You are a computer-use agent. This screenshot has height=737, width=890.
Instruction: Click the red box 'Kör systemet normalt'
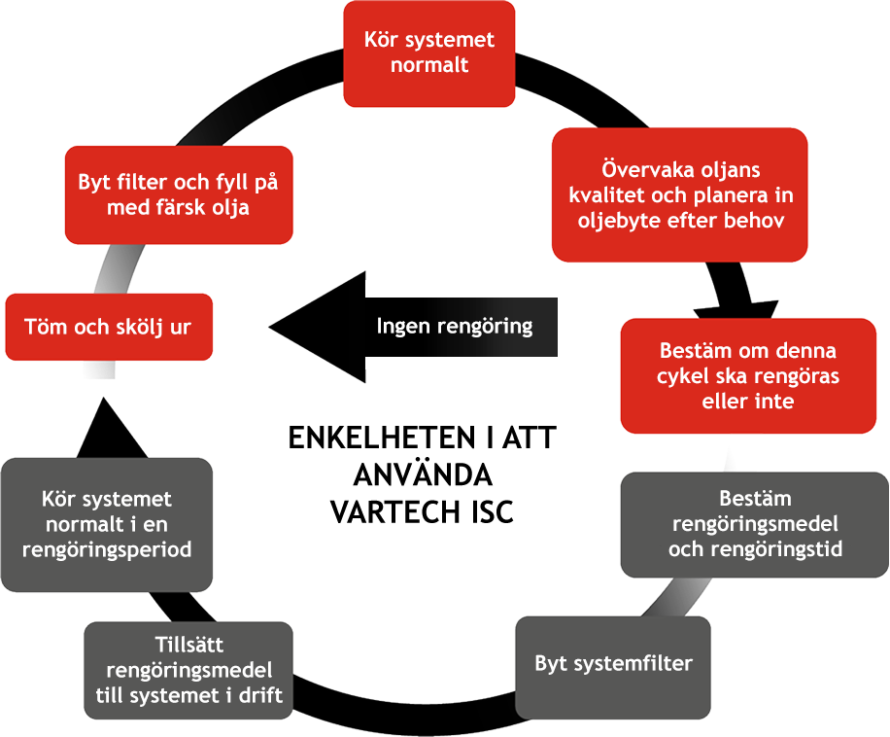pyautogui.click(x=429, y=53)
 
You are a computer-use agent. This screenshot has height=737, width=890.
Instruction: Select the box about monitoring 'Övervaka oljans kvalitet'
pyautogui.click(x=679, y=194)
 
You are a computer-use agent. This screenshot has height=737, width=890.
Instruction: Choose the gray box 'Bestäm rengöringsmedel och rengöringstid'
pyautogui.click(x=754, y=524)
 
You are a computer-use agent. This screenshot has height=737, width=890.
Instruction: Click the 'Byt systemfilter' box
pyautogui.click(x=613, y=664)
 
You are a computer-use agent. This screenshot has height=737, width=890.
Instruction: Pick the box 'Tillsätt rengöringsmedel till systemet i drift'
pyautogui.click(x=188, y=670)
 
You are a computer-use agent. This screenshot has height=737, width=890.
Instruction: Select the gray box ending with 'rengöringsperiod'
pyautogui.click(x=107, y=524)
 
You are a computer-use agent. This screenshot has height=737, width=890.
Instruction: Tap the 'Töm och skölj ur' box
pyautogui.click(x=108, y=327)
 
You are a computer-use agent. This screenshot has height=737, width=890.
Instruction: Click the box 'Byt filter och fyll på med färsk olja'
pyautogui.click(x=179, y=194)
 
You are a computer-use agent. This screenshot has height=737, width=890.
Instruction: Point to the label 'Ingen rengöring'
pyautogui.click(x=455, y=326)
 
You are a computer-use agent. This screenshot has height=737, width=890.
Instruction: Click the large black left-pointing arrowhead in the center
pyautogui.click(x=321, y=327)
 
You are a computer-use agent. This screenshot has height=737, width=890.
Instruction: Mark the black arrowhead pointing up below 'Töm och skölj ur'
pyautogui.click(x=111, y=428)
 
